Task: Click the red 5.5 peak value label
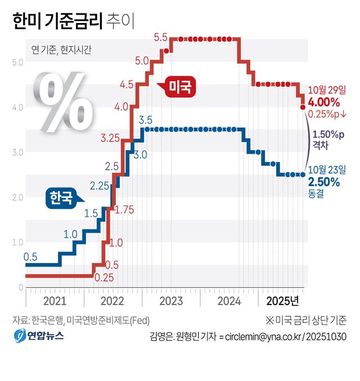tap(161, 38)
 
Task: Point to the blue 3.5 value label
tap(145, 119)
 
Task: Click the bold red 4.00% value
tap(324, 102)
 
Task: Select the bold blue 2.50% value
tap(324, 182)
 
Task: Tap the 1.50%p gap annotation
tap(329, 135)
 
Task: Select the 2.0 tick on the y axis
tap(17, 197)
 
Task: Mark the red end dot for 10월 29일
tap(303, 106)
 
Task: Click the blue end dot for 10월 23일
tap(303, 174)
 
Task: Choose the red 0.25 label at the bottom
tap(103, 277)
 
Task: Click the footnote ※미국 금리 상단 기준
tap(306, 320)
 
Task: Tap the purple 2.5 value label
tap(111, 166)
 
